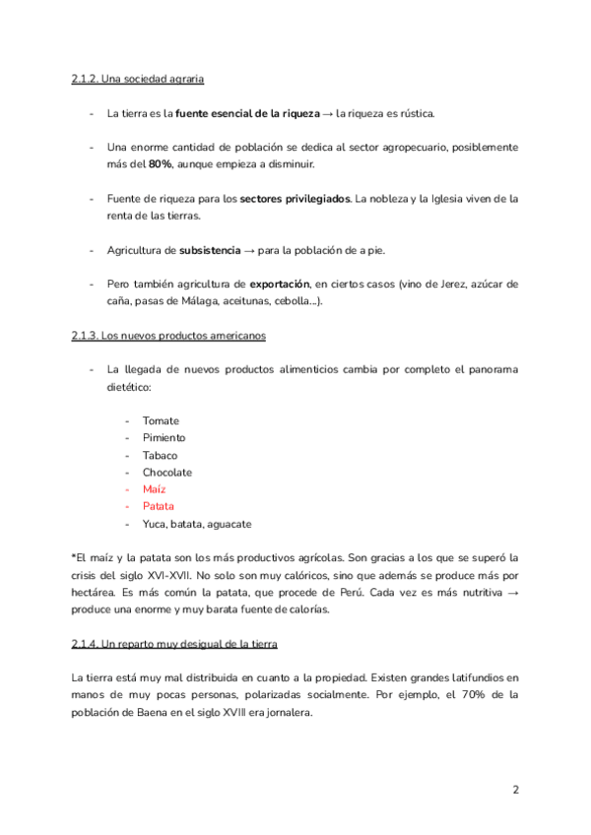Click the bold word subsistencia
pos(210,250)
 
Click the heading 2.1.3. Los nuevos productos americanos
pos(168,336)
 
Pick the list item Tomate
pos(161,420)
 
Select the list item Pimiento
pos(164,438)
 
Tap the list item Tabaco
pos(160,455)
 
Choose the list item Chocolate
pos(166,473)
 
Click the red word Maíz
pos(154,489)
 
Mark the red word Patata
pos(158,507)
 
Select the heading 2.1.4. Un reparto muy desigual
pos(174,644)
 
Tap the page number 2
pos(515,790)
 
